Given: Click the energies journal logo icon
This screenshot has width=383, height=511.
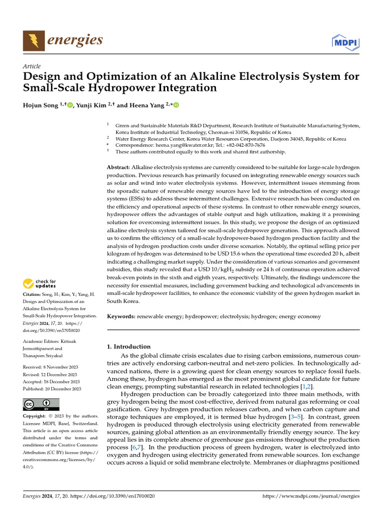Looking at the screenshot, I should coord(33,40).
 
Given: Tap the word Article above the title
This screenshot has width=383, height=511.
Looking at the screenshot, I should coord(32,66).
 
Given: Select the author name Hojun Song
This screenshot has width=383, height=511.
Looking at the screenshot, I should coord(42,105).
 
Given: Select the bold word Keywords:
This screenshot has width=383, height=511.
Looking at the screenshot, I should coord(121,316).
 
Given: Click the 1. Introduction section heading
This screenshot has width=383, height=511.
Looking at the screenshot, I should coord(129,346).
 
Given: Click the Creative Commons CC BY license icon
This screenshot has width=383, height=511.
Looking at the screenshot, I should coord(41,404).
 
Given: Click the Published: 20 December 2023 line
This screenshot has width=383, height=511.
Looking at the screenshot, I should coord(52,389).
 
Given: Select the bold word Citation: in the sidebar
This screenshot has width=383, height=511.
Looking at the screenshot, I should coord(34,295).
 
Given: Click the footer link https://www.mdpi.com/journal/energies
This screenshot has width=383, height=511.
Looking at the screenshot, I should coord(311,497).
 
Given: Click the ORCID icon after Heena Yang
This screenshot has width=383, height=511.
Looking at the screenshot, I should coord(176,105).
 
